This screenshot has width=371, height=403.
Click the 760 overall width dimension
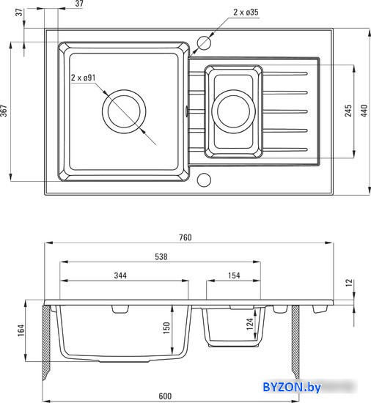click(185, 237)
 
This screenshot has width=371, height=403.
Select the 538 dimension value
click(161, 256)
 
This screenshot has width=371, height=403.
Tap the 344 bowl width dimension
click(120, 276)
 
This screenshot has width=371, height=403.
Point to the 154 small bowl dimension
click(234, 276)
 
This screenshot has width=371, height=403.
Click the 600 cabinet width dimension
click(165, 396)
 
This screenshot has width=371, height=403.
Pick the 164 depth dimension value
click(21, 330)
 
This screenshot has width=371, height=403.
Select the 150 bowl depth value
click(166, 328)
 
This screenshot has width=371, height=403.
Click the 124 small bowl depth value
click(249, 324)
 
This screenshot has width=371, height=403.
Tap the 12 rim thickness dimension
click(348, 283)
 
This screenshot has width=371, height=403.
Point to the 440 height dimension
click(364, 111)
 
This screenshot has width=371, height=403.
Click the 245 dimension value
click(348, 111)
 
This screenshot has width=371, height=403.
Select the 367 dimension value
click(4, 111)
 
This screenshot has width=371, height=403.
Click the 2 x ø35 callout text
click(246, 12)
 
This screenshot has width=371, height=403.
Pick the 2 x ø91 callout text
click(83, 78)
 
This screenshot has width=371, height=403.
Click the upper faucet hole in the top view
click(204, 42)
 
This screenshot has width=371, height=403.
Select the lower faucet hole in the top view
click(204, 180)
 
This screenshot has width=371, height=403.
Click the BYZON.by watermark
click(292, 387)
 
